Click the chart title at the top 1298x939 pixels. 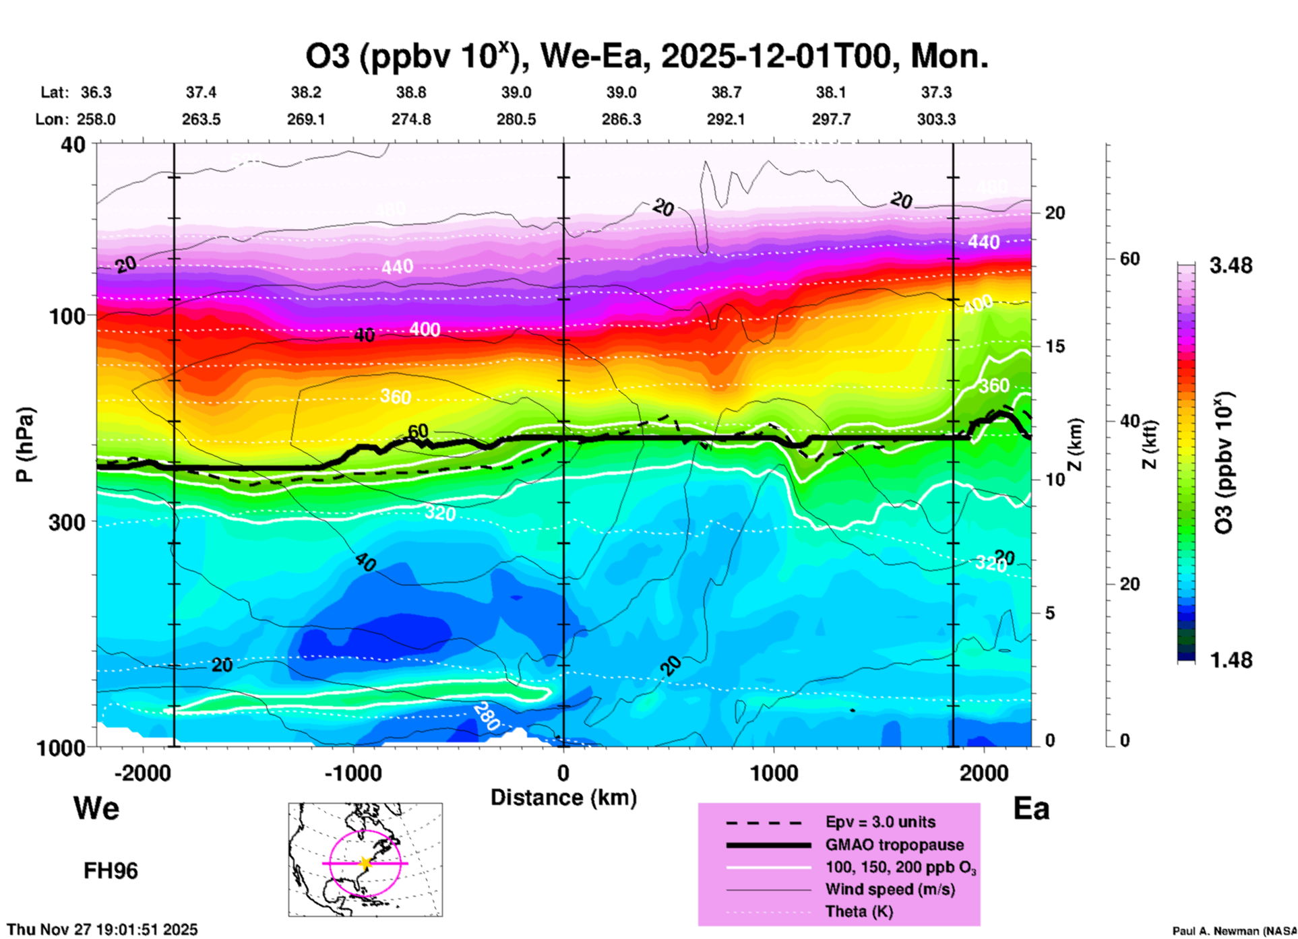[647, 57]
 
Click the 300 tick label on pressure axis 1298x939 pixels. [67, 522]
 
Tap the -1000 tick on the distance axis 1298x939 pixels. [353, 773]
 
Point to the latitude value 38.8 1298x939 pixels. [410, 92]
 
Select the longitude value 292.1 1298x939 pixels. [726, 119]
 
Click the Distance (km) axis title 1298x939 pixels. [563, 798]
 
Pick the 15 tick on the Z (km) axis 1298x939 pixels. [1055, 346]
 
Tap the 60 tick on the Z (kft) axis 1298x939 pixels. [1130, 259]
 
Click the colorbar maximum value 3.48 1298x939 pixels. [1231, 266]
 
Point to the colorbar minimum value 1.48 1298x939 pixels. [1231, 660]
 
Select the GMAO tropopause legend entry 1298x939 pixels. [894, 845]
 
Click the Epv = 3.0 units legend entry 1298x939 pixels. [880, 822]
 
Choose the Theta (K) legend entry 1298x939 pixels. [859, 911]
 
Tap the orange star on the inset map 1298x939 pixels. [365, 862]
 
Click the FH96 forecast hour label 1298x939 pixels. [111, 871]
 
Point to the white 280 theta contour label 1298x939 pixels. [486, 717]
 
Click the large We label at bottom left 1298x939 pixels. [96, 808]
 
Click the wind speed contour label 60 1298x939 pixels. [418, 431]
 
